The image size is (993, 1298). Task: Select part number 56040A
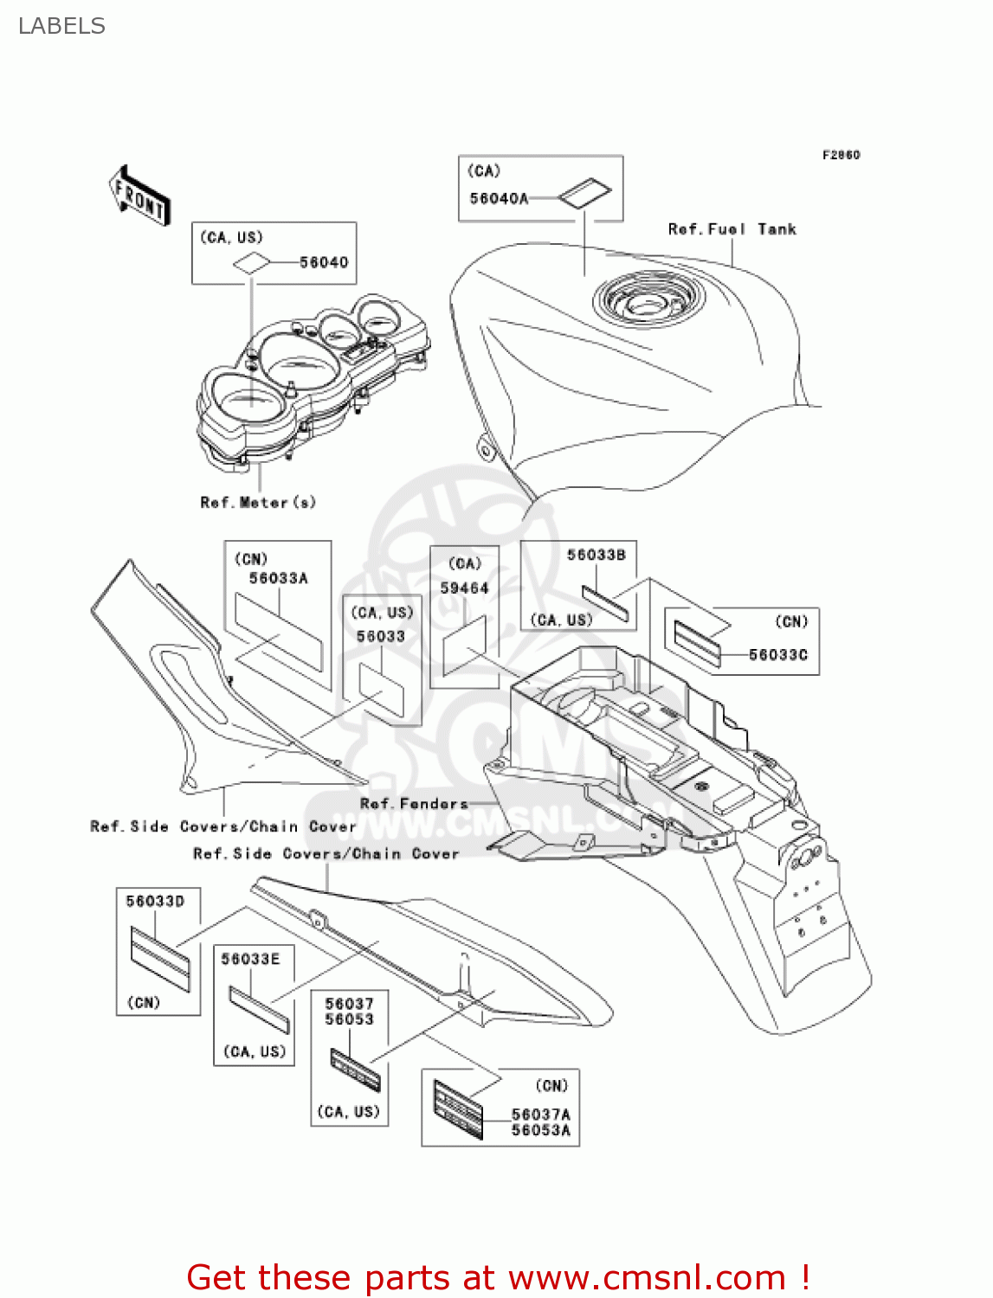[499, 199]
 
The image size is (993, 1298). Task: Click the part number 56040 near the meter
[324, 262]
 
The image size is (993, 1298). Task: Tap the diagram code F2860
[841, 155]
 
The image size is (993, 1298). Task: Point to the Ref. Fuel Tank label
[732, 229]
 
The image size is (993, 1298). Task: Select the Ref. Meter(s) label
[258, 503]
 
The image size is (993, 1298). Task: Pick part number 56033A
[278, 578]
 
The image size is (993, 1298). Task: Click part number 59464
[464, 588]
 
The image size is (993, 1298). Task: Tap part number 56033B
[596, 555]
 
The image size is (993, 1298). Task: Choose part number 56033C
[777, 655]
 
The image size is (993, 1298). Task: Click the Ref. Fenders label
[414, 804]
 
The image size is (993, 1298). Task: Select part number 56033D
[155, 902]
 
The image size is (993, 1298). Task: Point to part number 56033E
[250, 959]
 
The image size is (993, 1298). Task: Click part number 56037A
[540, 1115]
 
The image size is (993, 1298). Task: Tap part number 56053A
[540, 1130]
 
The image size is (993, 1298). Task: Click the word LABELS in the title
[61, 26]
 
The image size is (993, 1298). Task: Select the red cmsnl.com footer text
[498, 1277]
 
